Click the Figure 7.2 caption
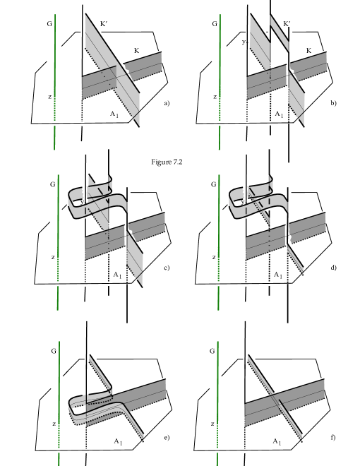point(167,162)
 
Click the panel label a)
point(167,103)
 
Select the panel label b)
point(334,103)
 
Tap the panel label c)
point(167,268)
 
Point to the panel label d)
point(334,268)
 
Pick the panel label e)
point(167,438)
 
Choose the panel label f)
point(333,438)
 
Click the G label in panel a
point(49,24)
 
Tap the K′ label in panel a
point(104,24)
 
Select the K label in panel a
point(136,51)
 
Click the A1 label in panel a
point(114,114)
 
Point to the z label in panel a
point(49,97)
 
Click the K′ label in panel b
point(287,24)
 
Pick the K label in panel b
point(308,51)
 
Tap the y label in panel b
point(244,42)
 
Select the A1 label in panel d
point(278,275)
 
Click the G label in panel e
point(54,352)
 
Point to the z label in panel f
point(212,424)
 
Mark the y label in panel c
point(83,202)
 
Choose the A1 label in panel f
point(277,441)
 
